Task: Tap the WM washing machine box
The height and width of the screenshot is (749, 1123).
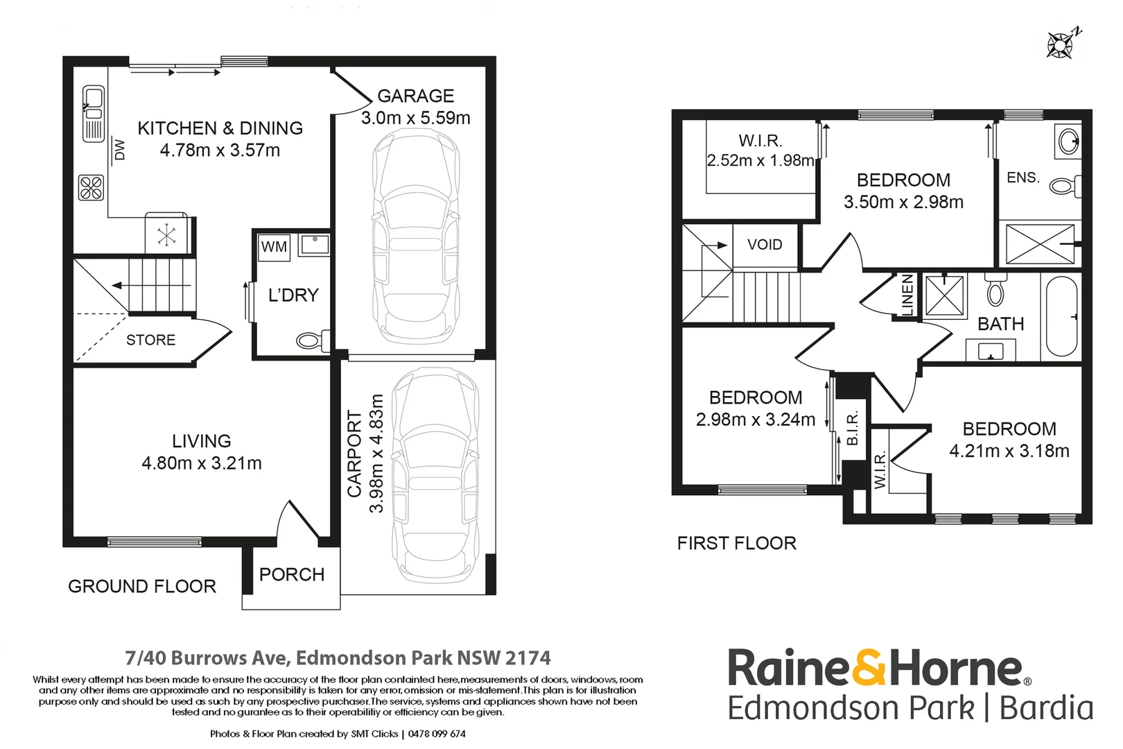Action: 274,248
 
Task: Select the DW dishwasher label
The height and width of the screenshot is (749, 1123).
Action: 119,150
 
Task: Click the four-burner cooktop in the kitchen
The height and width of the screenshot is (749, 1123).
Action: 92,188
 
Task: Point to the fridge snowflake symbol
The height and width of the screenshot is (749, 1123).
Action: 166,235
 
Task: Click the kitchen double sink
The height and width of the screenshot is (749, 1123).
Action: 94,113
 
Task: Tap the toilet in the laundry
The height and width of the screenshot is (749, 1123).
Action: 313,341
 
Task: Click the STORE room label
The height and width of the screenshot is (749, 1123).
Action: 151,340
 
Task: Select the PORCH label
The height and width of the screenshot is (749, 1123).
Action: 292,574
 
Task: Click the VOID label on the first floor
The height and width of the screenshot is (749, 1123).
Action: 765,245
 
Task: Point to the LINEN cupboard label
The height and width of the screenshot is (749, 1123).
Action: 908,295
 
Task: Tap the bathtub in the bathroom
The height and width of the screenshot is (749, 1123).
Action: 1062,316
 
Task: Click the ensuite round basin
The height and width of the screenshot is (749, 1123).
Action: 1068,141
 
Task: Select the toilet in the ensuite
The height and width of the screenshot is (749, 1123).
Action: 1065,186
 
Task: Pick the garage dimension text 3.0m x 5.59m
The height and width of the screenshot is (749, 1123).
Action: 416,118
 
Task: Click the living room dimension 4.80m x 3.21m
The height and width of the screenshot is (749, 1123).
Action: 202,463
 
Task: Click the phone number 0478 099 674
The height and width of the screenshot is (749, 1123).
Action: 437,734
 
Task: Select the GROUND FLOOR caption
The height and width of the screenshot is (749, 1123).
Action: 142,587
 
